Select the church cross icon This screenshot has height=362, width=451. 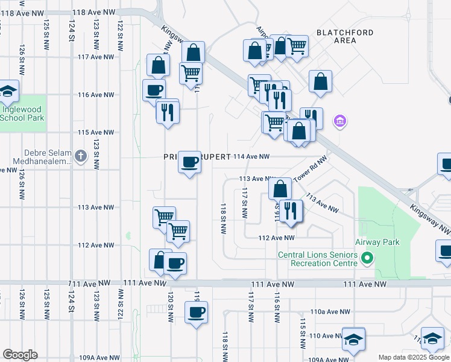[x=80, y=157]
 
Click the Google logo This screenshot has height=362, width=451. [x=20, y=355]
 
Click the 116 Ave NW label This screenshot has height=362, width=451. [x=96, y=95]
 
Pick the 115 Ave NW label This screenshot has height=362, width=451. [x=96, y=132]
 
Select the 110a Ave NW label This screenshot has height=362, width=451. [x=330, y=312]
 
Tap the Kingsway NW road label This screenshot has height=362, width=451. [x=429, y=218]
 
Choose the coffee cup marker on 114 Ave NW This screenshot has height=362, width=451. [x=190, y=162]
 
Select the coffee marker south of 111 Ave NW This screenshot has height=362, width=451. [x=196, y=313]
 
